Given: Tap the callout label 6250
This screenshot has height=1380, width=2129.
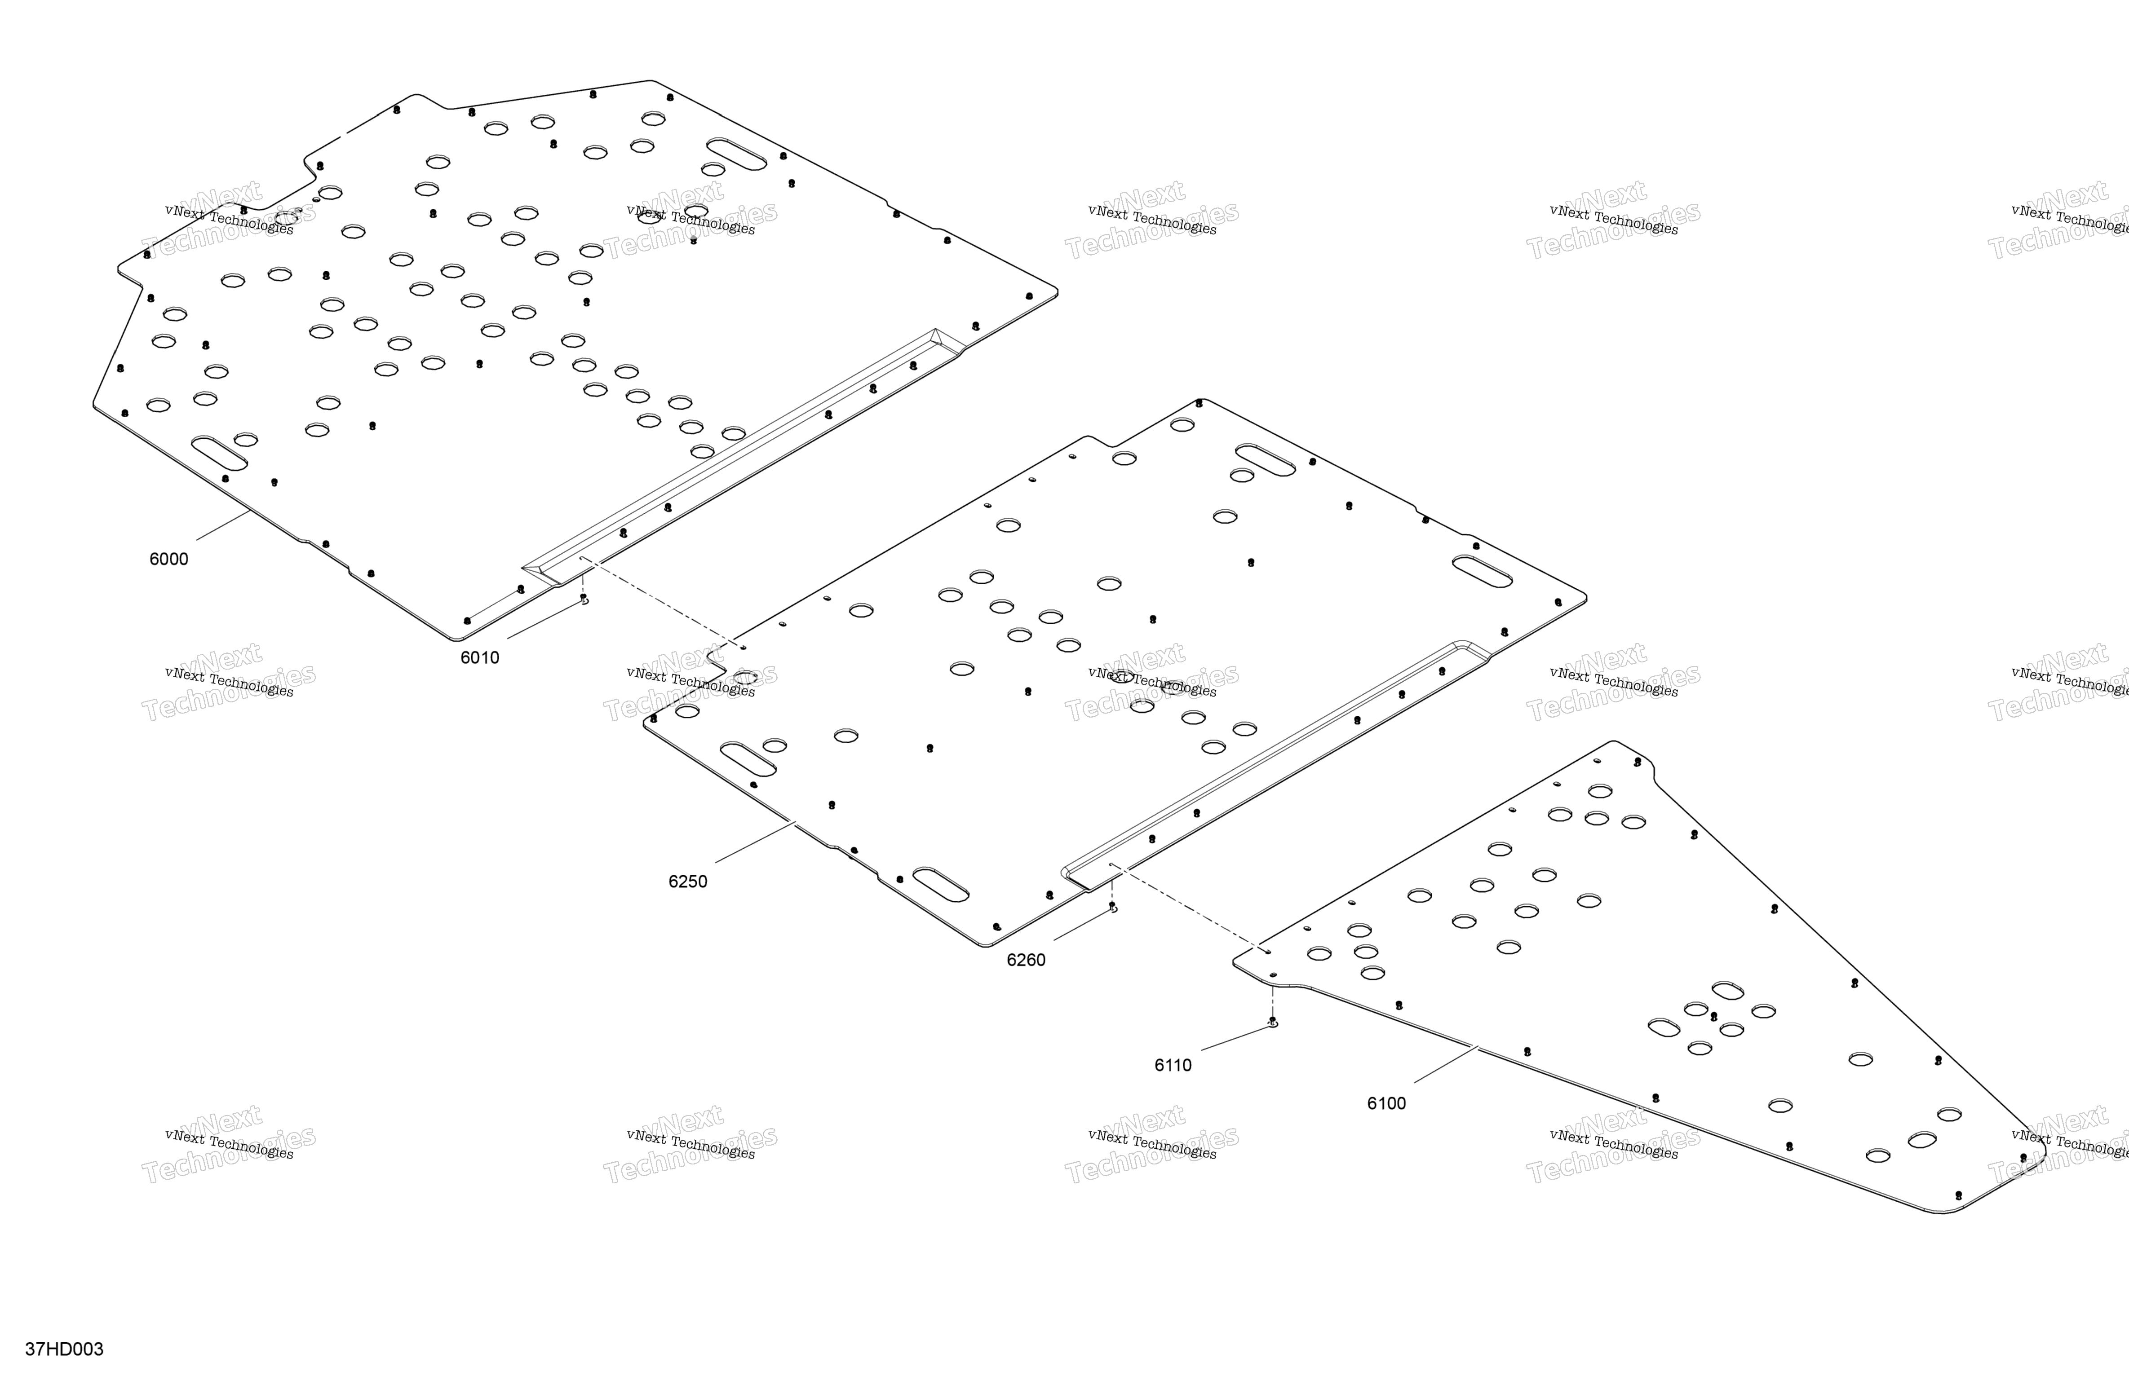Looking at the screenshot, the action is click(x=688, y=882).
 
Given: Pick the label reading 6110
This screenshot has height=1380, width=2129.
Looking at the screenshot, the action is click(x=1173, y=1065).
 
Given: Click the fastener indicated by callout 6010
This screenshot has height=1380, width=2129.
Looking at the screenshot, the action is click(x=584, y=598).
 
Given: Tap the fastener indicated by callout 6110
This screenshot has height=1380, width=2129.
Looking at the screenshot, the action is click(x=1273, y=1021).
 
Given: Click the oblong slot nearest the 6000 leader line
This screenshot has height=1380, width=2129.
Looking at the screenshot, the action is click(x=219, y=454).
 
